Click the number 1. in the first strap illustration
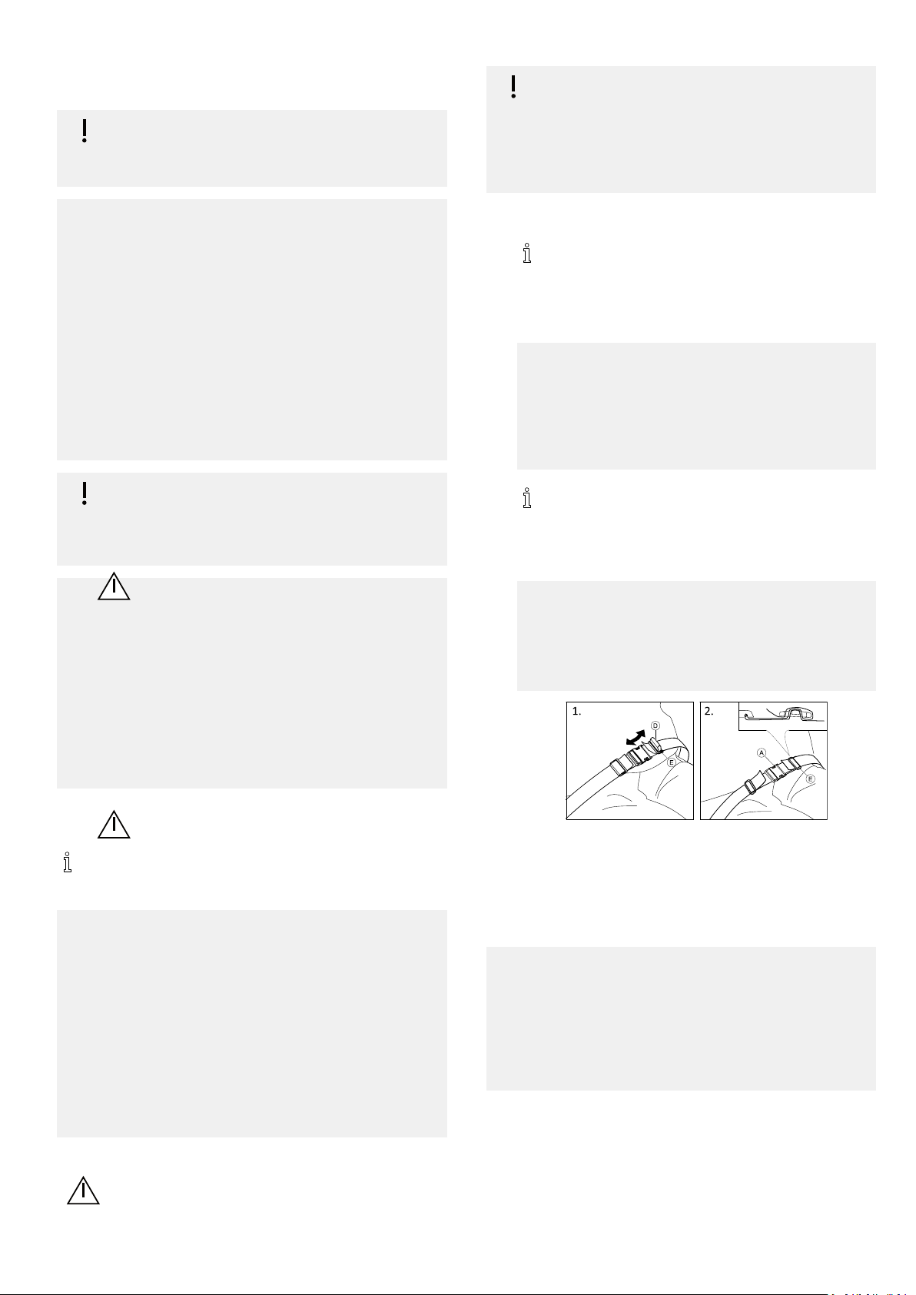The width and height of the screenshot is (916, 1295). [x=576, y=712]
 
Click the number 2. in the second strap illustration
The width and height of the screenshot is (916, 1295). [x=709, y=712]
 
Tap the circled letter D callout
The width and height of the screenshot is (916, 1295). [x=655, y=726]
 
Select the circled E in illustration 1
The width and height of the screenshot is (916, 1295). [x=672, y=762]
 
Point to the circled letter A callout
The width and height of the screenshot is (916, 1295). [x=762, y=752]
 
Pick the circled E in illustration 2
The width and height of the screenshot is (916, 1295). [x=810, y=779]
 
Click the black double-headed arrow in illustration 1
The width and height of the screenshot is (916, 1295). [x=636, y=738]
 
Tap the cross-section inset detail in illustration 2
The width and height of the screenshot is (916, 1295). [x=782, y=716]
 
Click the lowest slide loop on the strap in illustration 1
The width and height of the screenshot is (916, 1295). [x=617, y=767]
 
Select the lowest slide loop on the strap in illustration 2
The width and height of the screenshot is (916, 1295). [x=751, y=786]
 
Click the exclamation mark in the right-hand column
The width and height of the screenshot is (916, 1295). [x=513, y=87]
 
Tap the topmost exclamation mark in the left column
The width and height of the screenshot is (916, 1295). [x=85, y=131]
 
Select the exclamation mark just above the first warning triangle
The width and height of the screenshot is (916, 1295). [x=85, y=493]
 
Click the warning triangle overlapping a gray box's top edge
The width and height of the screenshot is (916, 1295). [x=114, y=586]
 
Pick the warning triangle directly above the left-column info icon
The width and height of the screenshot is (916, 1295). [x=114, y=825]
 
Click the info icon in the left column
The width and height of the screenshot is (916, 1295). [x=68, y=862]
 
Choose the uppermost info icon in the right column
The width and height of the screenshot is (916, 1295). [x=527, y=253]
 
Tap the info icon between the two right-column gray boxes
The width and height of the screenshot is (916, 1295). [x=527, y=498]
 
